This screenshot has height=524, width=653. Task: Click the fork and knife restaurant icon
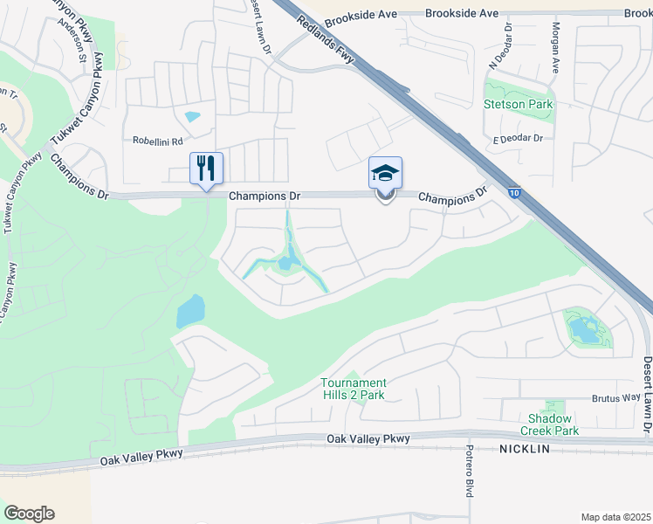point(207,167)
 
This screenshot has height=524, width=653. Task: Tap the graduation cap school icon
point(385,172)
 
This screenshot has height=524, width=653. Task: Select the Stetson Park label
point(518,105)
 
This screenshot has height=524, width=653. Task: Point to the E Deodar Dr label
point(518,139)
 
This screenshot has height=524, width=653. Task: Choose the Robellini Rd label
point(157,141)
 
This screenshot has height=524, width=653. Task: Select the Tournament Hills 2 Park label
point(353,389)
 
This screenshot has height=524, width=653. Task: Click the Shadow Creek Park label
point(550,424)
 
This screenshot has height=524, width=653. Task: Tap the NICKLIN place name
point(526,448)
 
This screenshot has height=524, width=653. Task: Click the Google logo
point(29,514)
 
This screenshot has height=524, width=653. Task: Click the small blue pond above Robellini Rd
point(192,116)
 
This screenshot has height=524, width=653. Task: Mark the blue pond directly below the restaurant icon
point(190,310)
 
